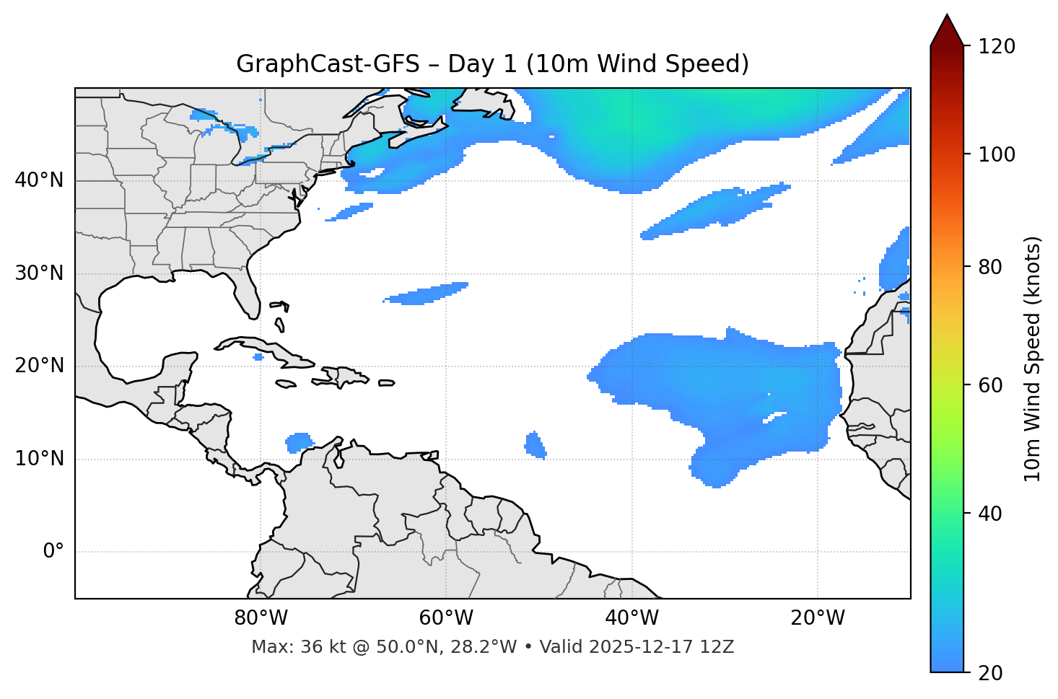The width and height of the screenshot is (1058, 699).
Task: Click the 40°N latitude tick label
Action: (39, 180)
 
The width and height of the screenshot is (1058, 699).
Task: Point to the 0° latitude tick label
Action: (53, 552)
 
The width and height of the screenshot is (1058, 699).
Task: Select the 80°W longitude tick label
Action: (261, 618)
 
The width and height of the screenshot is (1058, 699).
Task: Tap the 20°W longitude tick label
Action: (818, 618)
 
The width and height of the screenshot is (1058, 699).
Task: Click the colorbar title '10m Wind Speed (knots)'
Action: (1033, 359)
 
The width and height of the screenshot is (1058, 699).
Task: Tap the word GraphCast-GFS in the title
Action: (328, 64)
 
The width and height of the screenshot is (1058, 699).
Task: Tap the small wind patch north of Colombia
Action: (298, 441)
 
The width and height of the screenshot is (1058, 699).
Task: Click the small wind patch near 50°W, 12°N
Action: (535, 445)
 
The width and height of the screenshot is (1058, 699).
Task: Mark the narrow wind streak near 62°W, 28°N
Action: (426, 294)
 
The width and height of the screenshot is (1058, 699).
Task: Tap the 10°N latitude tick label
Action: (39, 459)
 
